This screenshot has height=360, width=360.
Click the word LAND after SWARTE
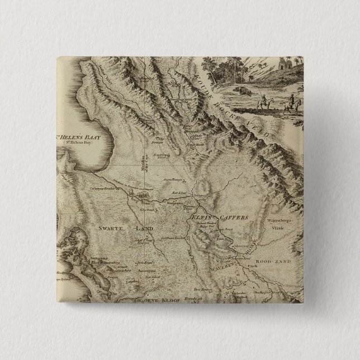142,229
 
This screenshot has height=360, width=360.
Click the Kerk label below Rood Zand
268,268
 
